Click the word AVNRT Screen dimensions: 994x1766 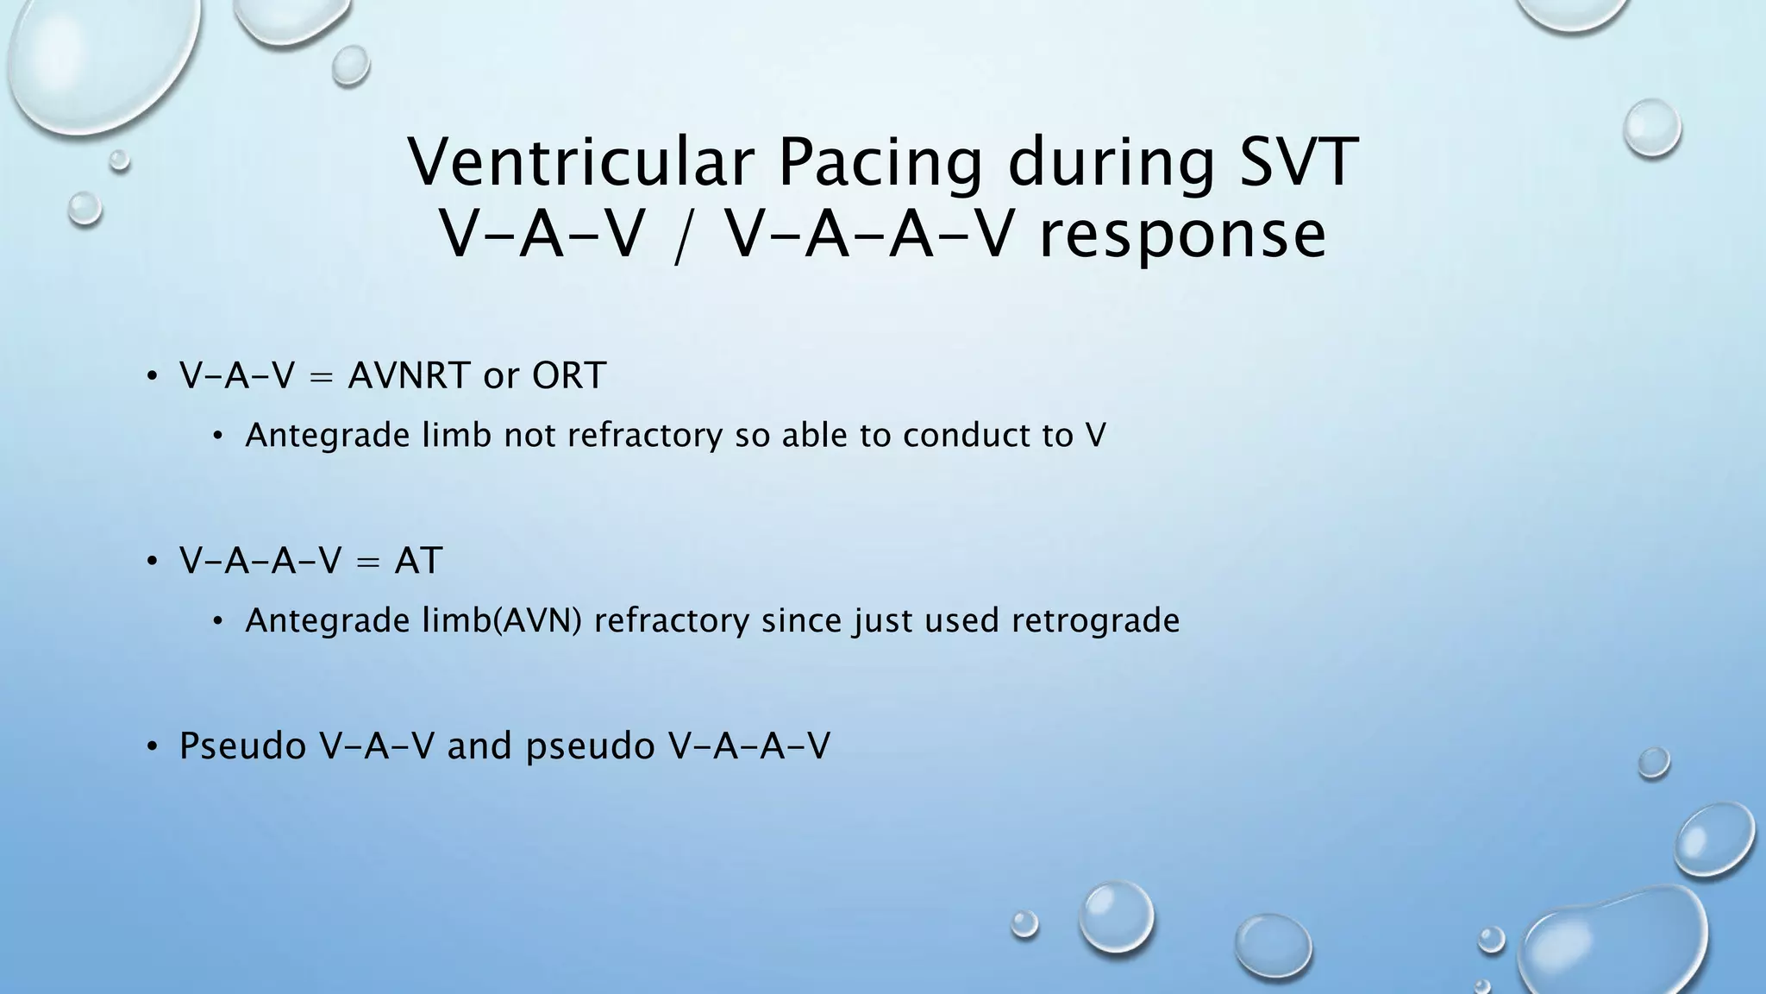[x=409, y=375]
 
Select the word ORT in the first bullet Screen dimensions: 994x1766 [x=568, y=375]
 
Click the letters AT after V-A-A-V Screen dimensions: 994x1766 [x=418, y=561]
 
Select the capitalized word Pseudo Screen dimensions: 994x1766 [x=242, y=745]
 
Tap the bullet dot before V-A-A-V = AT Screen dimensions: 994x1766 [x=152, y=562]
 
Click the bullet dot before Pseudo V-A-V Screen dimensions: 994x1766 [x=152, y=747]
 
